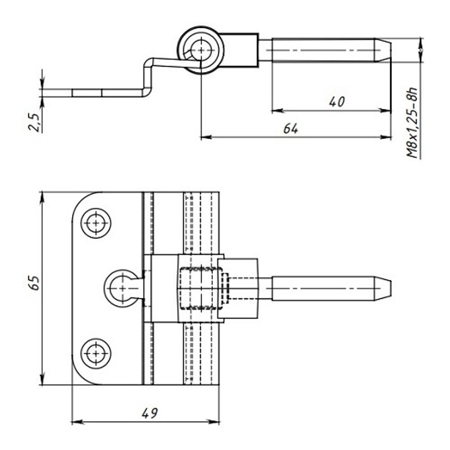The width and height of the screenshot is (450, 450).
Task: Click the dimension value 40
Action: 337,102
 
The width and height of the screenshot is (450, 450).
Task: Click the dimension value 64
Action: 291,129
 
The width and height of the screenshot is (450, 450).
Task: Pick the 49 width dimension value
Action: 150,413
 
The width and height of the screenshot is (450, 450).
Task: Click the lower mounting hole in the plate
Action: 96,353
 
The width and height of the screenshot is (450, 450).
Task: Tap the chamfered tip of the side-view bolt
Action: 383,50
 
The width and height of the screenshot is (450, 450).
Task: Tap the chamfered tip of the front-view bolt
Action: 383,288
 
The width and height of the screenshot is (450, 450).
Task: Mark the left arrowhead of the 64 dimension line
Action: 204,137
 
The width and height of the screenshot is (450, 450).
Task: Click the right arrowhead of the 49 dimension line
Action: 216,422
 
